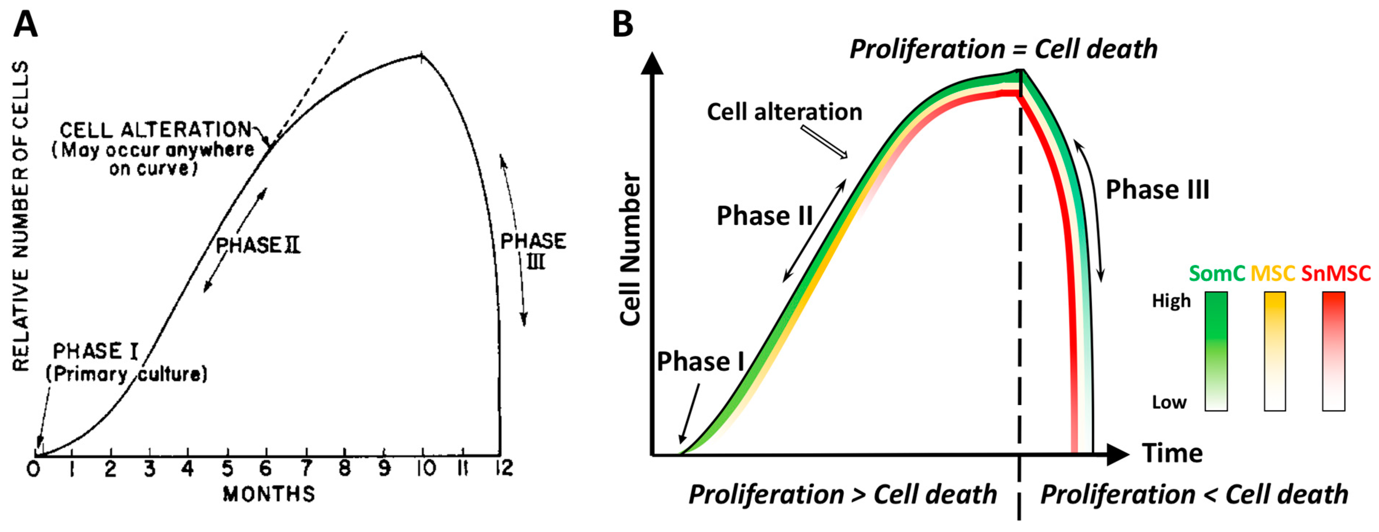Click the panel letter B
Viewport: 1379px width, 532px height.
[x=623, y=25]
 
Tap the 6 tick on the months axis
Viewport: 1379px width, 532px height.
[x=266, y=469]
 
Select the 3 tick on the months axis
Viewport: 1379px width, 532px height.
[x=150, y=469]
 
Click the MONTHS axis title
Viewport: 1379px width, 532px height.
[x=269, y=494]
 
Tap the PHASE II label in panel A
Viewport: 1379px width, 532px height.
[x=258, y=245]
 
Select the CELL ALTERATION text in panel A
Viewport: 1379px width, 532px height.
[x=155, y=130]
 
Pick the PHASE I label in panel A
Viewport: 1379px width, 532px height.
[x=95, y=352]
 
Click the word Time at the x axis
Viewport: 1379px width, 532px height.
[x=1172, y=453]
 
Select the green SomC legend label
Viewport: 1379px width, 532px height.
[x=1217, y=274]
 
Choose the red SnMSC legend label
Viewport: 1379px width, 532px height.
[x=1336, y=274]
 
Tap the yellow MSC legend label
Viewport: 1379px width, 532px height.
[x=1273, y=274]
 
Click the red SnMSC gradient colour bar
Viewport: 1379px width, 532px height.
[x=1334, y=351]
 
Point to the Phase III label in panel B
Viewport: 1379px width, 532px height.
[x=1157, y=190]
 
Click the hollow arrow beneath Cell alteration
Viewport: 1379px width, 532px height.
[x=824, y=142]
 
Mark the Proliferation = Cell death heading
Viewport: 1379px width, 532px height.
[x=1003, y=49]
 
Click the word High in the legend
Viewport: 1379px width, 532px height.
[x=1171, y=301]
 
